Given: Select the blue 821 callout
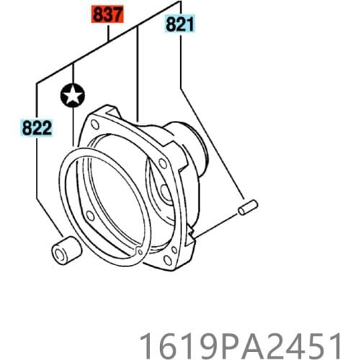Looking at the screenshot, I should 180,25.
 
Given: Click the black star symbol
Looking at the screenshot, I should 73,94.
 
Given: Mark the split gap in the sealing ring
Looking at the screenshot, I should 138,250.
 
